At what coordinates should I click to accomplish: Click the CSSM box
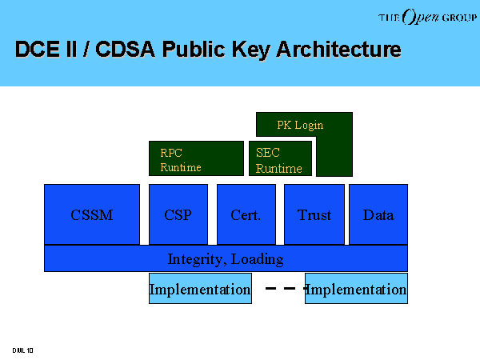pyautogui.click(x=92, y=214)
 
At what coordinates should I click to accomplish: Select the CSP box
pyautogui.click(x=178, y=214)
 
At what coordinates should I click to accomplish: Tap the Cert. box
pyautogui.click(x=246, y=214)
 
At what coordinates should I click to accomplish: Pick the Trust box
pyautogui.click(x=314, y=214)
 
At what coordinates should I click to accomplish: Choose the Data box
pyautogui.click(x=378, y=214)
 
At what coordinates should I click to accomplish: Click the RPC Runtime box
pyautogui.click(x=196, y=158)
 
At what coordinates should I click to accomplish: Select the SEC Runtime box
pyautogui.click(x=281, y=158)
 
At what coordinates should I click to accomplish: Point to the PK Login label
pyautogui.click(x=300, y=125)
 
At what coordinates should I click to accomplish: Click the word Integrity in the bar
pyautogui.click(x=195, y=259)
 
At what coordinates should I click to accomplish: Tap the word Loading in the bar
pyautogui.click(x=257, y=259)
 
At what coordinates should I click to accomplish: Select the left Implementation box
pyautogui.click(x=200, y=288)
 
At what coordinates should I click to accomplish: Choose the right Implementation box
pyautogui.click(x=356, y=288)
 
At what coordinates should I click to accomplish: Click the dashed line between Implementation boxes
pyautogui.click(x=286, y=288)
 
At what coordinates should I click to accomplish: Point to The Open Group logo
pyautogui.click(x=427, y=17)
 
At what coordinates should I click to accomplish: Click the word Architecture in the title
pyautogui.click(x=338, y=49)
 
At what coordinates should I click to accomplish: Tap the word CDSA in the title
pyautogui.click(x=126, y=49)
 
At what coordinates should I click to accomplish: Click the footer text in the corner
pyautogui.click(x=22, y=350)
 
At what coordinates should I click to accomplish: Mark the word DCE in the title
pyautogui.click(x=38, y=49)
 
